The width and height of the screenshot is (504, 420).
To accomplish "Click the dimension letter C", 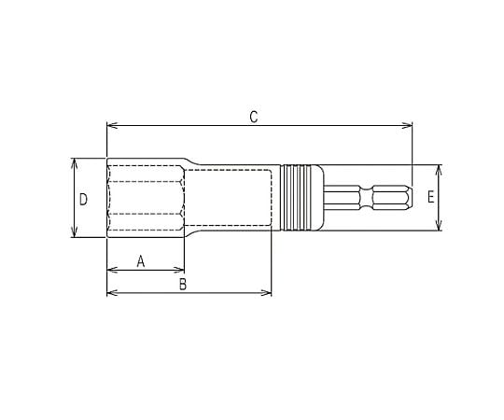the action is pos(254,117).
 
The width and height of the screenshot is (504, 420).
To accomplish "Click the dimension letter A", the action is pos(141,261).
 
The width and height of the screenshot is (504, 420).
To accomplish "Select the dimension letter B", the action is pos(183,284).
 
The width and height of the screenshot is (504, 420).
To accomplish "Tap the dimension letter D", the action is pos(83,200).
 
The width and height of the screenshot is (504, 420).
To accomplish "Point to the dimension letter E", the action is pos(430,196).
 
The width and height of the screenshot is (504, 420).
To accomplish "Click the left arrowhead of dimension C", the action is pos(112,125).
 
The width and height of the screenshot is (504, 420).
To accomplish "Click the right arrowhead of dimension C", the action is pos(407,125).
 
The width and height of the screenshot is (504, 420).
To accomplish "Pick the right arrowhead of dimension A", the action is pos(179,270).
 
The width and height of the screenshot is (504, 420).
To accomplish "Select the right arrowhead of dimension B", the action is pos(266,293).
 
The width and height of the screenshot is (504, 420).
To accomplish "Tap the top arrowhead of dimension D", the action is pos(75,163).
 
